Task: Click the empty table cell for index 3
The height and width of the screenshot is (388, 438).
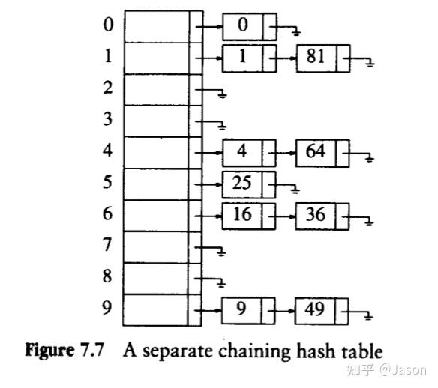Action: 156,120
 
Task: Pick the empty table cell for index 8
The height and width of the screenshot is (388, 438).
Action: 156,277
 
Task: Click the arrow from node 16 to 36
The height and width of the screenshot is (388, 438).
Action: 286,216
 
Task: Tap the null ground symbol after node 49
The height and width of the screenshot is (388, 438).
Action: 367,315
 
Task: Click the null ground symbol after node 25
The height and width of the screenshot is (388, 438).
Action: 294,189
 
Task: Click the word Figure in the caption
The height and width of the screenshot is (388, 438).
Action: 49,351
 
